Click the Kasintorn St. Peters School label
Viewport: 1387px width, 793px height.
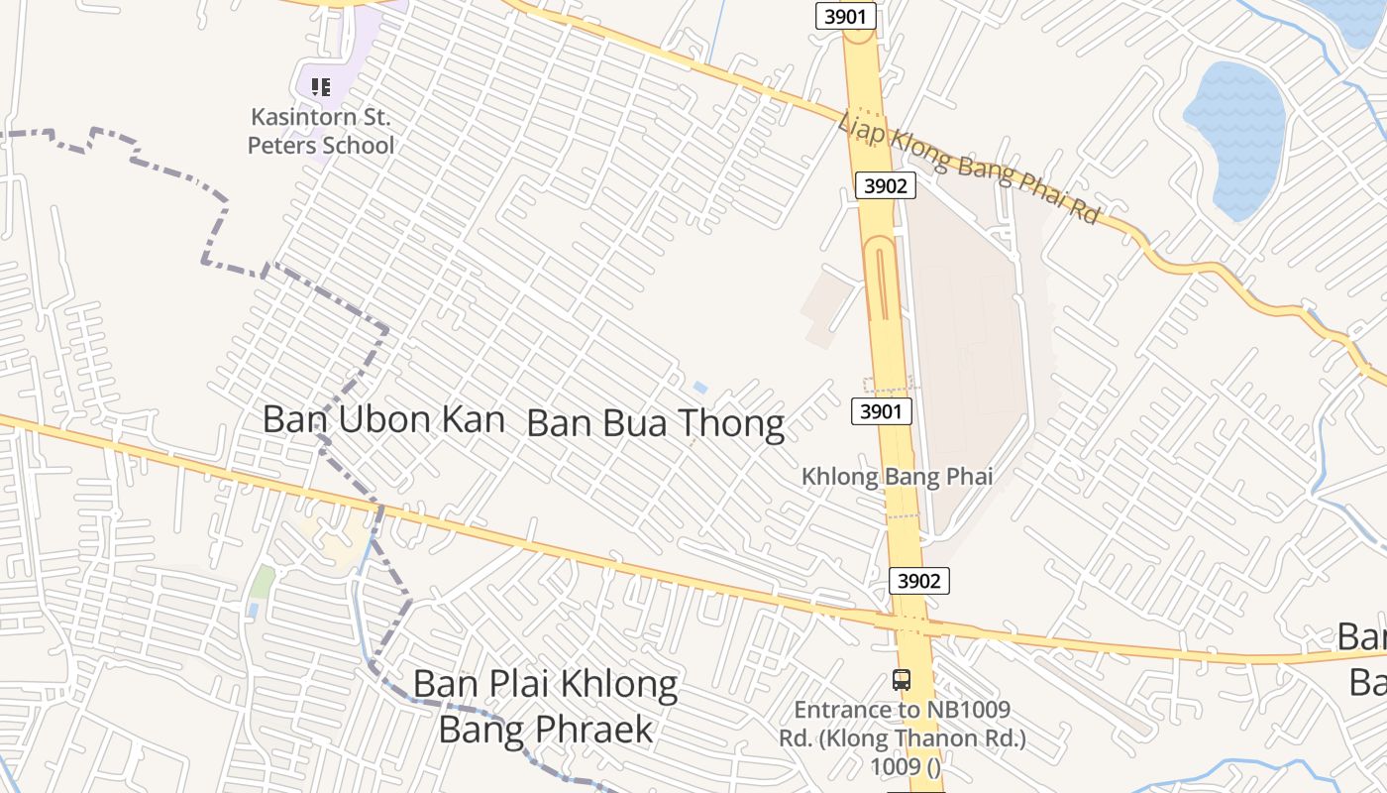(x=320, y=131)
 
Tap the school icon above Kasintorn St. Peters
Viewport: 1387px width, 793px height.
(x=320, y=87)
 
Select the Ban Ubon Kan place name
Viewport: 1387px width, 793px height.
(x=383, y=419)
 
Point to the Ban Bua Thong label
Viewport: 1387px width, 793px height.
(x=655, y=423)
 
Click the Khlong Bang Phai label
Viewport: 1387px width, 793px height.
(x=897, y=477)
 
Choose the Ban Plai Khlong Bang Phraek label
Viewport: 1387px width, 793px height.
(x=545, y=706)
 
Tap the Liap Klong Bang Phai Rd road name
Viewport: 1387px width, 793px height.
(x=969, y=169)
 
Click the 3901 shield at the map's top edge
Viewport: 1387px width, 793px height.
(x=846, y=16)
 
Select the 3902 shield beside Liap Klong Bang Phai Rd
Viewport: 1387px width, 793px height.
(x=885, y=185)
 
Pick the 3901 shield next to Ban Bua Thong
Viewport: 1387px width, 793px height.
(x=881, y=410)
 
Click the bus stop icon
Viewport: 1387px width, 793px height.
(x=901, y=680)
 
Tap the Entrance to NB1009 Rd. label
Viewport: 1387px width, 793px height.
(x=902, y=737)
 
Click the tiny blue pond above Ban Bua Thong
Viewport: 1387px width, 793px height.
(x=700, y=388)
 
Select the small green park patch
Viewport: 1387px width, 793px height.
(x=262, y=581)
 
